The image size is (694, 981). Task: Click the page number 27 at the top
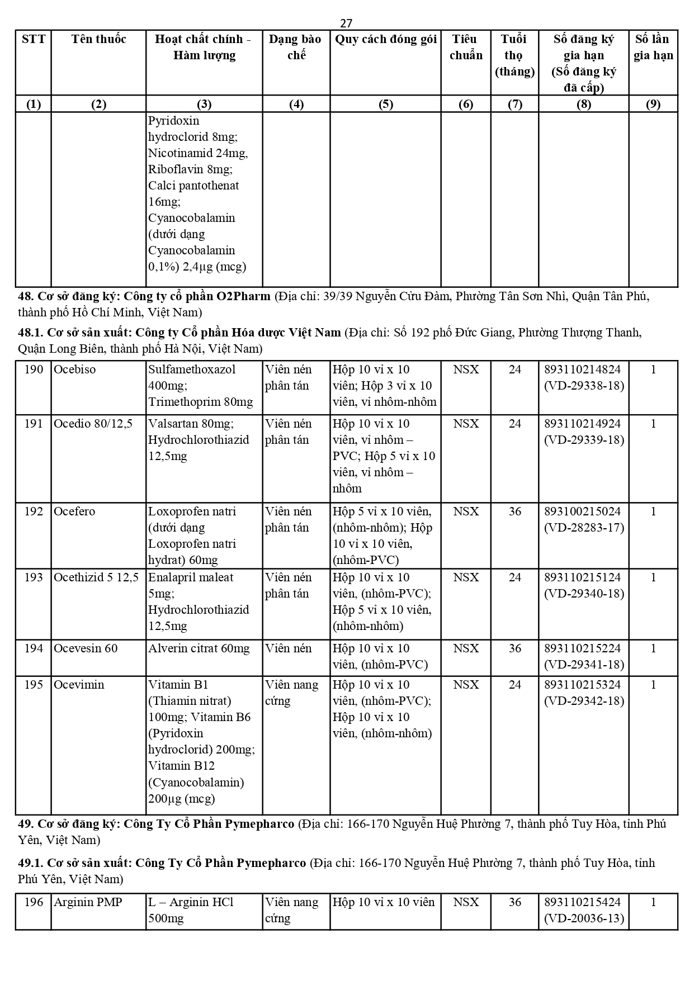click(x=346, y=23)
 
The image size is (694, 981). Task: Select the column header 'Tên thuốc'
click(x=98, y=39)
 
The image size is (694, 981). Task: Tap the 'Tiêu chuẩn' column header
click(x=466, y=47)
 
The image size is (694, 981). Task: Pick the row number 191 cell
click(x=34, y=424)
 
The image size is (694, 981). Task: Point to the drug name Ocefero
click(x=74, y=511)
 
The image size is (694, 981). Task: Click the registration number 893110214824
click(x=584, y=369)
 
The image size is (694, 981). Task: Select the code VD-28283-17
click(x=584, y=528)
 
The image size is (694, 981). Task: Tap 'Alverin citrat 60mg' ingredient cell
click(x=199, y=648)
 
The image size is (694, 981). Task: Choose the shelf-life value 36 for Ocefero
click(x=514, y=511)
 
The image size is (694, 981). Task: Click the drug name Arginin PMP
click(x=88, y=902)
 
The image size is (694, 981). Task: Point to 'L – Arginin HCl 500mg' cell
click(x=191, y=910)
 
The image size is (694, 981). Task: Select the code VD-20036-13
click(x=584, y=918)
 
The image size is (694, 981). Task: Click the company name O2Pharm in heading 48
click(x=243, y=296)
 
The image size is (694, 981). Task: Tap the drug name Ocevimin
click(x=79, y=685)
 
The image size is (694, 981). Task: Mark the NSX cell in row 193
click(x=466, y=577)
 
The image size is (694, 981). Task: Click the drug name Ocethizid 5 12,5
click(x=96, y=577)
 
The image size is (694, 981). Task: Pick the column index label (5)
click(x=385, y=105)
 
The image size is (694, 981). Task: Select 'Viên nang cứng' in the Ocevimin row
click(x=291, y=693)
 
